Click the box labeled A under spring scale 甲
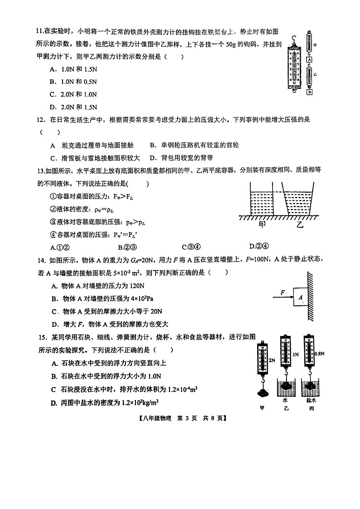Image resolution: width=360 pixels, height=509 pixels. pos(309,59)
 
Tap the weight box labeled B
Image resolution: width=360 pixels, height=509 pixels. pos(310,92)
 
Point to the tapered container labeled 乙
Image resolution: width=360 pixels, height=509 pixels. pos(300,202)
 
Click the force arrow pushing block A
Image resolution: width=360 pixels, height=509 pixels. pos(282,297)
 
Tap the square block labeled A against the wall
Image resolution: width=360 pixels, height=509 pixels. pos(300,297)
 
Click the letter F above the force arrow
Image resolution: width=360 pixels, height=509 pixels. pos(282,292)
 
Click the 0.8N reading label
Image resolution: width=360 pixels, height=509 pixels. pos(320,354)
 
